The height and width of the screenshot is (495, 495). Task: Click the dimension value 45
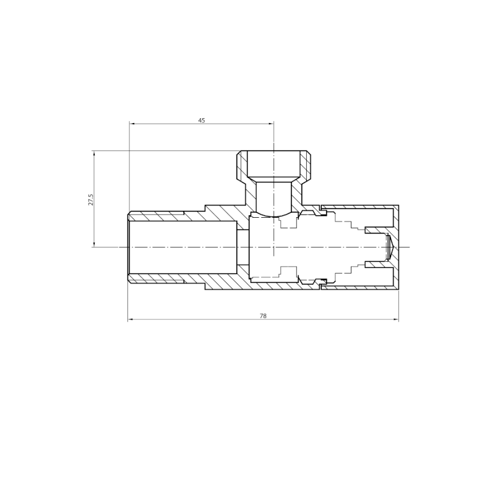tap(202, 120)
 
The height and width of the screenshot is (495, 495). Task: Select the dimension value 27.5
tap(91, 200)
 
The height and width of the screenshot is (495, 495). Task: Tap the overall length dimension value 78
tap(263, 316)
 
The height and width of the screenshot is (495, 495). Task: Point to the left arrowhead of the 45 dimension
tap(132, 124)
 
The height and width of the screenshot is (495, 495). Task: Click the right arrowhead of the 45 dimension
tap(272, 124)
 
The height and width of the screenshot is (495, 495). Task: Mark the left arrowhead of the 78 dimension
tap(130, 319)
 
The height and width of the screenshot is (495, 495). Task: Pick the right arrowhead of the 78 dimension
tap(396, 319)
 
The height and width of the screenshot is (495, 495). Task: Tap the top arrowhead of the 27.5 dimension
tap(94, 153)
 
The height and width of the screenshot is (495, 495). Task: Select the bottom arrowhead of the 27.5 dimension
tap(94, 244)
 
